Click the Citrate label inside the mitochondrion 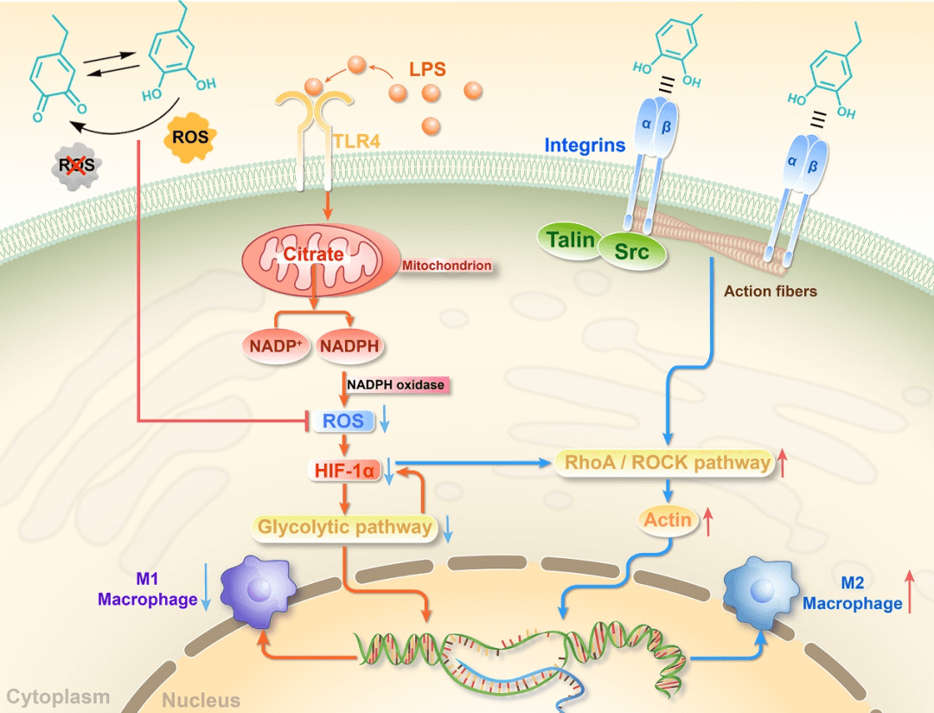[x=314, y=254]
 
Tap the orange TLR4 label [x=355, y=138]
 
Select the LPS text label [x=428, y=68]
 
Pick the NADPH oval [x=349, y=346]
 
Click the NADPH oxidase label [x=398, y=383]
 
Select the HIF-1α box [x=345, y=471]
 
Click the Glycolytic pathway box [x=343, y=526]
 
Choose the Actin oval [x=668, y=520]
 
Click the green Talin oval [x=569, y=240]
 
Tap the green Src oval [x=632, y=252]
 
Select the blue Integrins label [x=585, y=145]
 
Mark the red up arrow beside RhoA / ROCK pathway [x=783, y=463]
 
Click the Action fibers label [x=770, y=291]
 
